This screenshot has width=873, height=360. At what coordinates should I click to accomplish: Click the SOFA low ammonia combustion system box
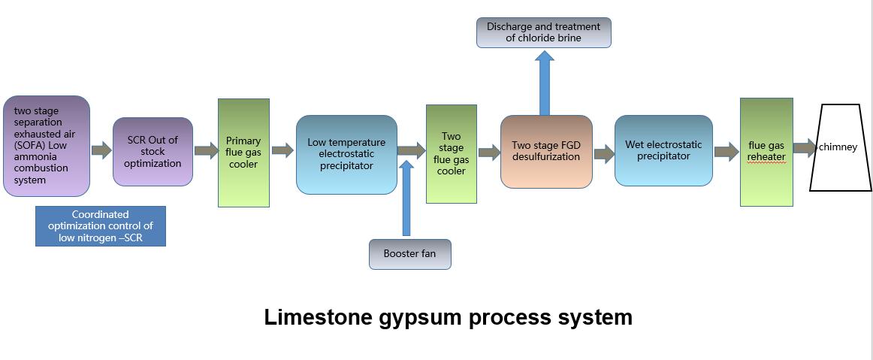(47, 146)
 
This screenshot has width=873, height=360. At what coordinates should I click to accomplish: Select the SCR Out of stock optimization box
(153, 152)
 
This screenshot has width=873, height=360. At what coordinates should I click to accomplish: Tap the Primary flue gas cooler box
(243, 153)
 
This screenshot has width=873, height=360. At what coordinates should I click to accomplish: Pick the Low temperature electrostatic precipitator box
(346, 154)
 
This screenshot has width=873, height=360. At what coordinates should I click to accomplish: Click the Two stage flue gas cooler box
(451, 154)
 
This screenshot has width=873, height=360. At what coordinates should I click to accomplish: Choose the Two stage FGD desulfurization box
(545, 151)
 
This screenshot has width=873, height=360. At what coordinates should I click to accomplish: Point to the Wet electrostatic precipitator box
(663, 150)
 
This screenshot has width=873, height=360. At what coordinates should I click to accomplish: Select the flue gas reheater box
(766, 152)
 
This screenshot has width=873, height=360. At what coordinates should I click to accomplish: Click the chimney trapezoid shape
(840, 147)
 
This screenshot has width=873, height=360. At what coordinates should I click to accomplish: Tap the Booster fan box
(409, 254)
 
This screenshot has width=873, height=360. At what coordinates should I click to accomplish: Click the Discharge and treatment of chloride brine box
(544, 32)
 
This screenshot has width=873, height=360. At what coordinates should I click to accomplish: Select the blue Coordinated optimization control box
(100, 226)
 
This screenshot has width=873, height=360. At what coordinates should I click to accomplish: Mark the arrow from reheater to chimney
(804, 147)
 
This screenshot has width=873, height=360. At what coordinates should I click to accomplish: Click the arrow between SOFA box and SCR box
(101, 150)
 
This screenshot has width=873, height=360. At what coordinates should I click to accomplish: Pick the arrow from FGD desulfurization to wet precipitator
(603, 154)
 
